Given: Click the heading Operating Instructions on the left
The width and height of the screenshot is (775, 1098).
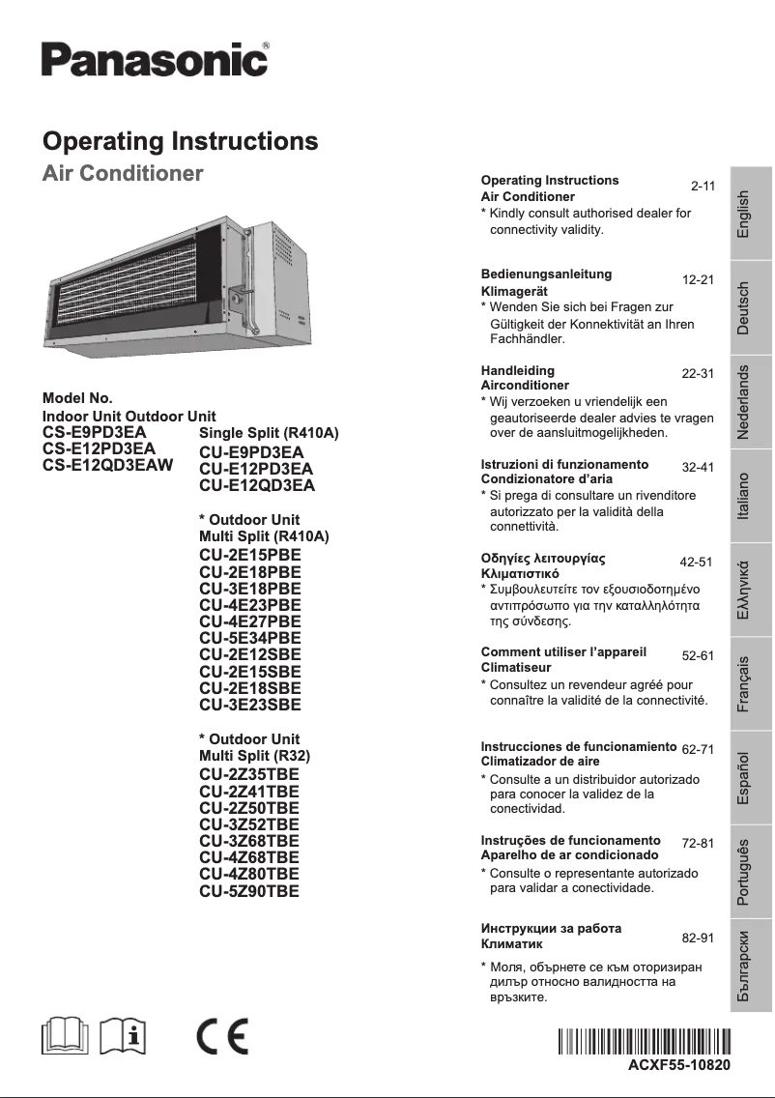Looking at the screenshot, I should [x=180, y=141].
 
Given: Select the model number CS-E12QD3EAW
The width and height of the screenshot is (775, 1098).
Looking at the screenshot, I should [x=108, y=465].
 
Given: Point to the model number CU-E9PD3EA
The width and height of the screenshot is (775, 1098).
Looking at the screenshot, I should [x=251, y=452].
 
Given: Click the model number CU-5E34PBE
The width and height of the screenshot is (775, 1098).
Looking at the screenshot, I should [x=250, y=638].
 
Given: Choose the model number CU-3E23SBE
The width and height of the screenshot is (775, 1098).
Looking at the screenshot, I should [x=250, y=705].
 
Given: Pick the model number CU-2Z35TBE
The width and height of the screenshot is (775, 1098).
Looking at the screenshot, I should [x=249, y=775].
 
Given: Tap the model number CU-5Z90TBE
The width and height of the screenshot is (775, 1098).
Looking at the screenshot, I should [x=249, y=890].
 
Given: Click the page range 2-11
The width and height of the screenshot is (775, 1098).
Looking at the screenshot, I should [x=703, y=185].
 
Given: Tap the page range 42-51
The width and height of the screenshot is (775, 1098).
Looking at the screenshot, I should [x=696, y=562].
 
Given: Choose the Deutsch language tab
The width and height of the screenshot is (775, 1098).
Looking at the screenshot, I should [x=743, y=308].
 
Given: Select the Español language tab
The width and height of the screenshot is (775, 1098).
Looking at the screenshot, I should [x=743, y=778].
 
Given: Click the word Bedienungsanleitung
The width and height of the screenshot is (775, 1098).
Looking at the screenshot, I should [x=546, y=274].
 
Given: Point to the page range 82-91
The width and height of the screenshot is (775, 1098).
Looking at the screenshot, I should [x=698, y=938].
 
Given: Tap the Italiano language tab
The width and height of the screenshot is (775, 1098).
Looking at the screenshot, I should [x=743, y=498].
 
